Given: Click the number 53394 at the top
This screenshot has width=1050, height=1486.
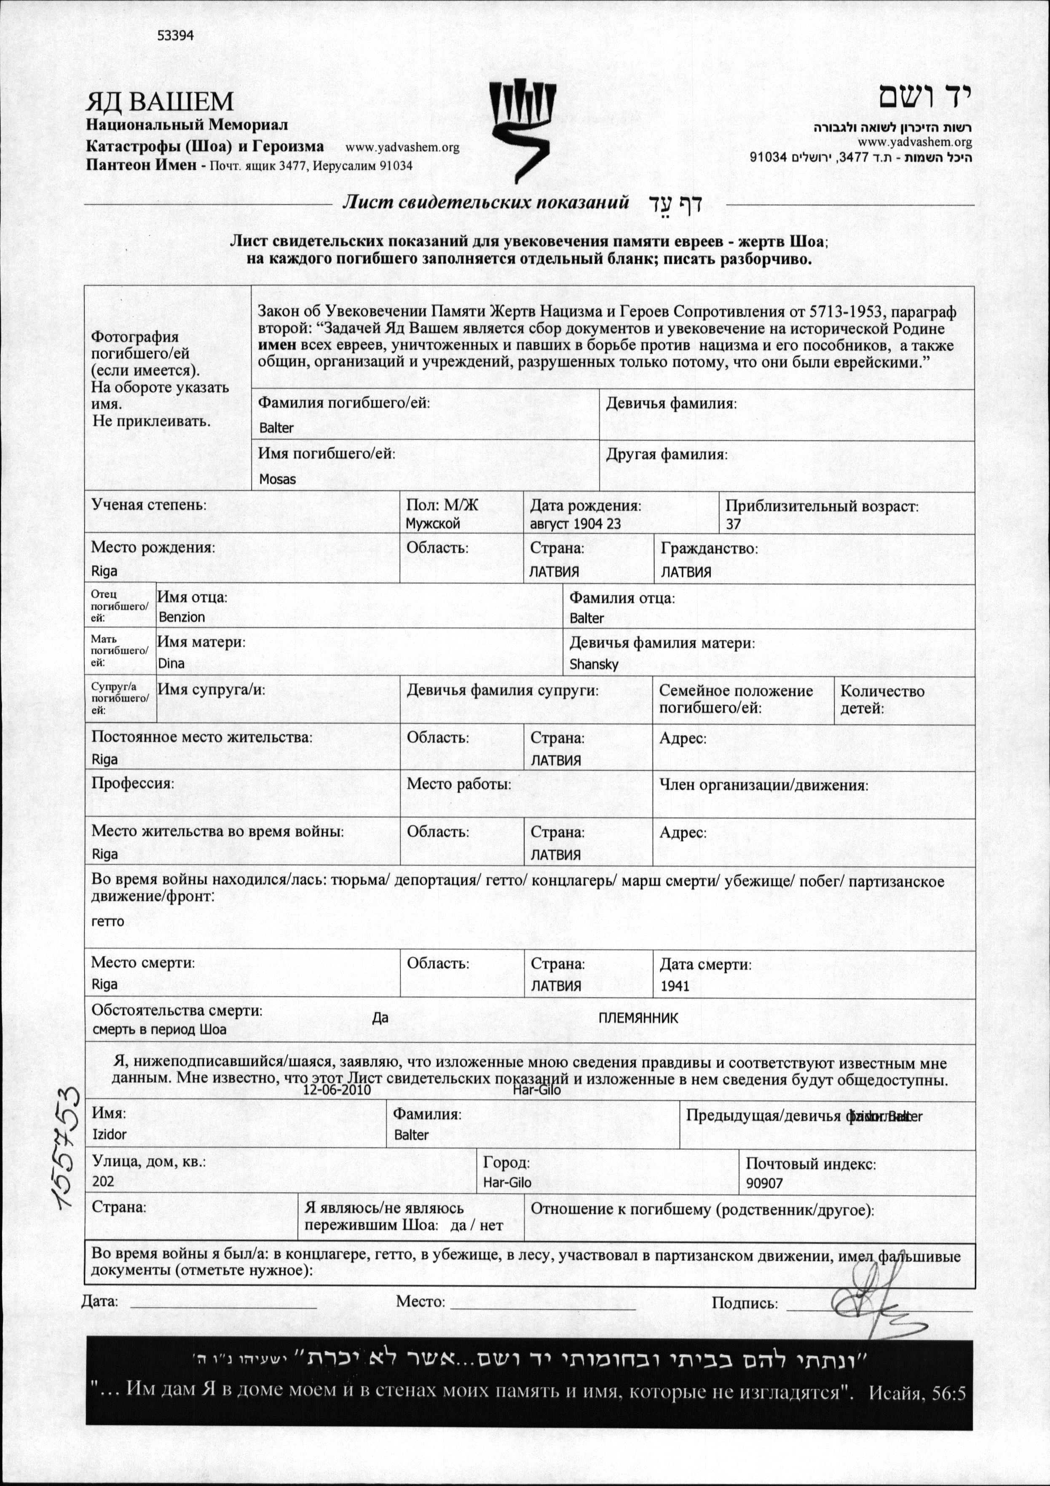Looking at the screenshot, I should pyautogui.click(x=175, y=36).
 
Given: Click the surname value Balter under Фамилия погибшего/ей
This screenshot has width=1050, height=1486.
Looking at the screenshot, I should pyautogui.click(x=276, y=428).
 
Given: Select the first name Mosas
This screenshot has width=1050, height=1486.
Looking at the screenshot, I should pyautogui.click(x=277, y=480).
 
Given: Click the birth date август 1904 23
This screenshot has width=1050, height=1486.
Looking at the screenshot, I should pyautogui.click(x=575, y=524).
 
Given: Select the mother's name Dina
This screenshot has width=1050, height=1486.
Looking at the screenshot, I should pyautogui.click(x=171, y=663).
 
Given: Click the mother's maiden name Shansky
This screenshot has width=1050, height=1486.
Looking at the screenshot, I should pyautogui.click(x=594, y=664).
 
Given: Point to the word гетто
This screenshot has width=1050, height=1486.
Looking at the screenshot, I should pyautogui.click(x=107, y=921).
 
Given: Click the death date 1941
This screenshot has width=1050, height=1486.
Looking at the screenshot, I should pyautogui.click(x=675, y=986).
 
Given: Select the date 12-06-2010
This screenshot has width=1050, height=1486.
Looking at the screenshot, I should pyautogui.click(x=337, y=1090).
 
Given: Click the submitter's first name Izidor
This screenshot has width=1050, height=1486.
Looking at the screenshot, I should pyautogui.click(x=110, y=1135).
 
